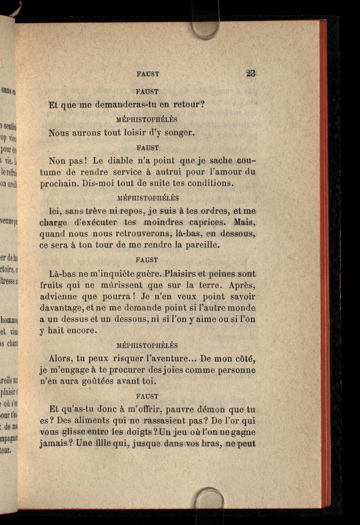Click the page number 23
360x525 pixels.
click(251, 74)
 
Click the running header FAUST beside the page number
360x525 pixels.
click(148, 74)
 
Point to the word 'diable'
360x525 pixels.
click(120, 161)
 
